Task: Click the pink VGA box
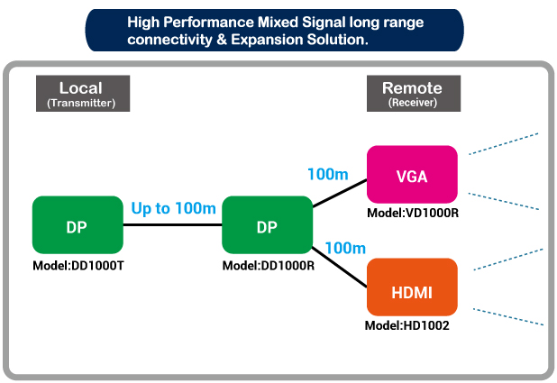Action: pyautogui.click(x=412, y=175)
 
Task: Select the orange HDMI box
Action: pyautogui.click(x=412, y=287)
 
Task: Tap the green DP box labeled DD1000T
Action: pyautogui.click(x=78, y=225)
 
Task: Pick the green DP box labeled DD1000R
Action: pyautogui.click(x=267, y=225)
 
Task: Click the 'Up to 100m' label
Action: pyautogui.click(x=173, y=208)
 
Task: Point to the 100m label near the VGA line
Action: pyautogui.click(x=328, y=174)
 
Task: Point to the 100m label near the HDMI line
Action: pyautogui.click(x=345, y=248)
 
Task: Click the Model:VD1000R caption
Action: pyautogui.click(x=413, y=213)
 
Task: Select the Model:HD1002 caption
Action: pyautogui.click(x=407, y=325)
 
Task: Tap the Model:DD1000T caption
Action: pyautogui.click(x=78, y=266)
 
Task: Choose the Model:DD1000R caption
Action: pyautogui.click(x=269, y=266)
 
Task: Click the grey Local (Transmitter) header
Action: pyautogui.click(x=83, y=94)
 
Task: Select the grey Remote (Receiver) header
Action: pyautogui.click(x=414, y=94)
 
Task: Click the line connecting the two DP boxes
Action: pyautogui.click(x=173, y=225)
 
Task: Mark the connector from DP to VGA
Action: pyautogui.click(x=340, y=193)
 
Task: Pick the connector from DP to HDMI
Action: pyautogui.click(x=339, y=267)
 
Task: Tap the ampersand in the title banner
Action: pyautogui.click(x=222, y=40)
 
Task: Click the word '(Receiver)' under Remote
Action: pyautogui.click(x=413, y=103)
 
